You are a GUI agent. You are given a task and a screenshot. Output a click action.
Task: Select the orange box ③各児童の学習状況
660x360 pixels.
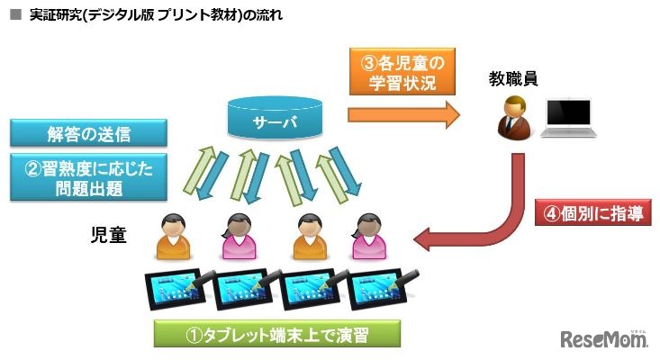(398, 73)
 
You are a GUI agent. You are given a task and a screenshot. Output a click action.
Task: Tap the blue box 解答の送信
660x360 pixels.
(89, 133)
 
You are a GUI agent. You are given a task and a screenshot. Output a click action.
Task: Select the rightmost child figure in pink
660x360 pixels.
(367, 236)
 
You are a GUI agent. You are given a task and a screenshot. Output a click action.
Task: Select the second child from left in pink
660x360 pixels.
(237, 236)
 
